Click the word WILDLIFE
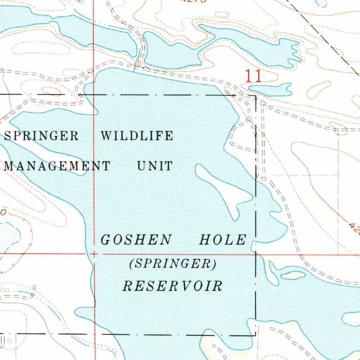[x=137, y=136]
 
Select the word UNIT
[x=155, y=166]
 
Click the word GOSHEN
[x=136, y=240]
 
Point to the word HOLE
[x=223, y=240]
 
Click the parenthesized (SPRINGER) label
[x=173, y=264]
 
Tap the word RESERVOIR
[x=173, y=286]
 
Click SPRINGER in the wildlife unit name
[x=41, y=136]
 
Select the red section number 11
[x=253, y=76]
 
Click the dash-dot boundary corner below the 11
[x=256, y=96]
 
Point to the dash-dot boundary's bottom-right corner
[x=255, y=335]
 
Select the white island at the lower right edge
[x=352, y=319]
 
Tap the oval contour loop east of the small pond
[x=319, y=90]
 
